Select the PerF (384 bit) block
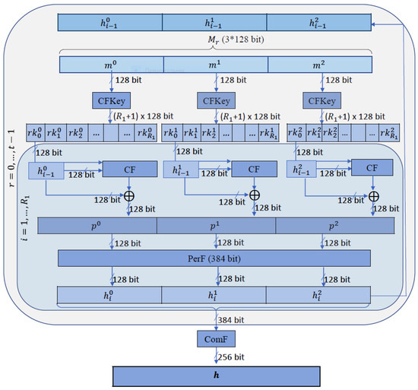click(218, 258)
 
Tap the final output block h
click(218, 376)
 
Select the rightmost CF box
click(372, 169)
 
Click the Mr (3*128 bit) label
click(218, 40)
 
